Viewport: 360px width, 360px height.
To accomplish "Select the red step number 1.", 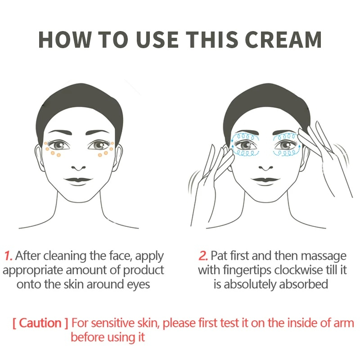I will click(8, 256).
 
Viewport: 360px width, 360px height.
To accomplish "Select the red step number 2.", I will click(203, 256).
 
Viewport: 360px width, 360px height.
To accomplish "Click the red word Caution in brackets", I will click(40, 323).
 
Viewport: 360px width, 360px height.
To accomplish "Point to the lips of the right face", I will click(265, 181).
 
